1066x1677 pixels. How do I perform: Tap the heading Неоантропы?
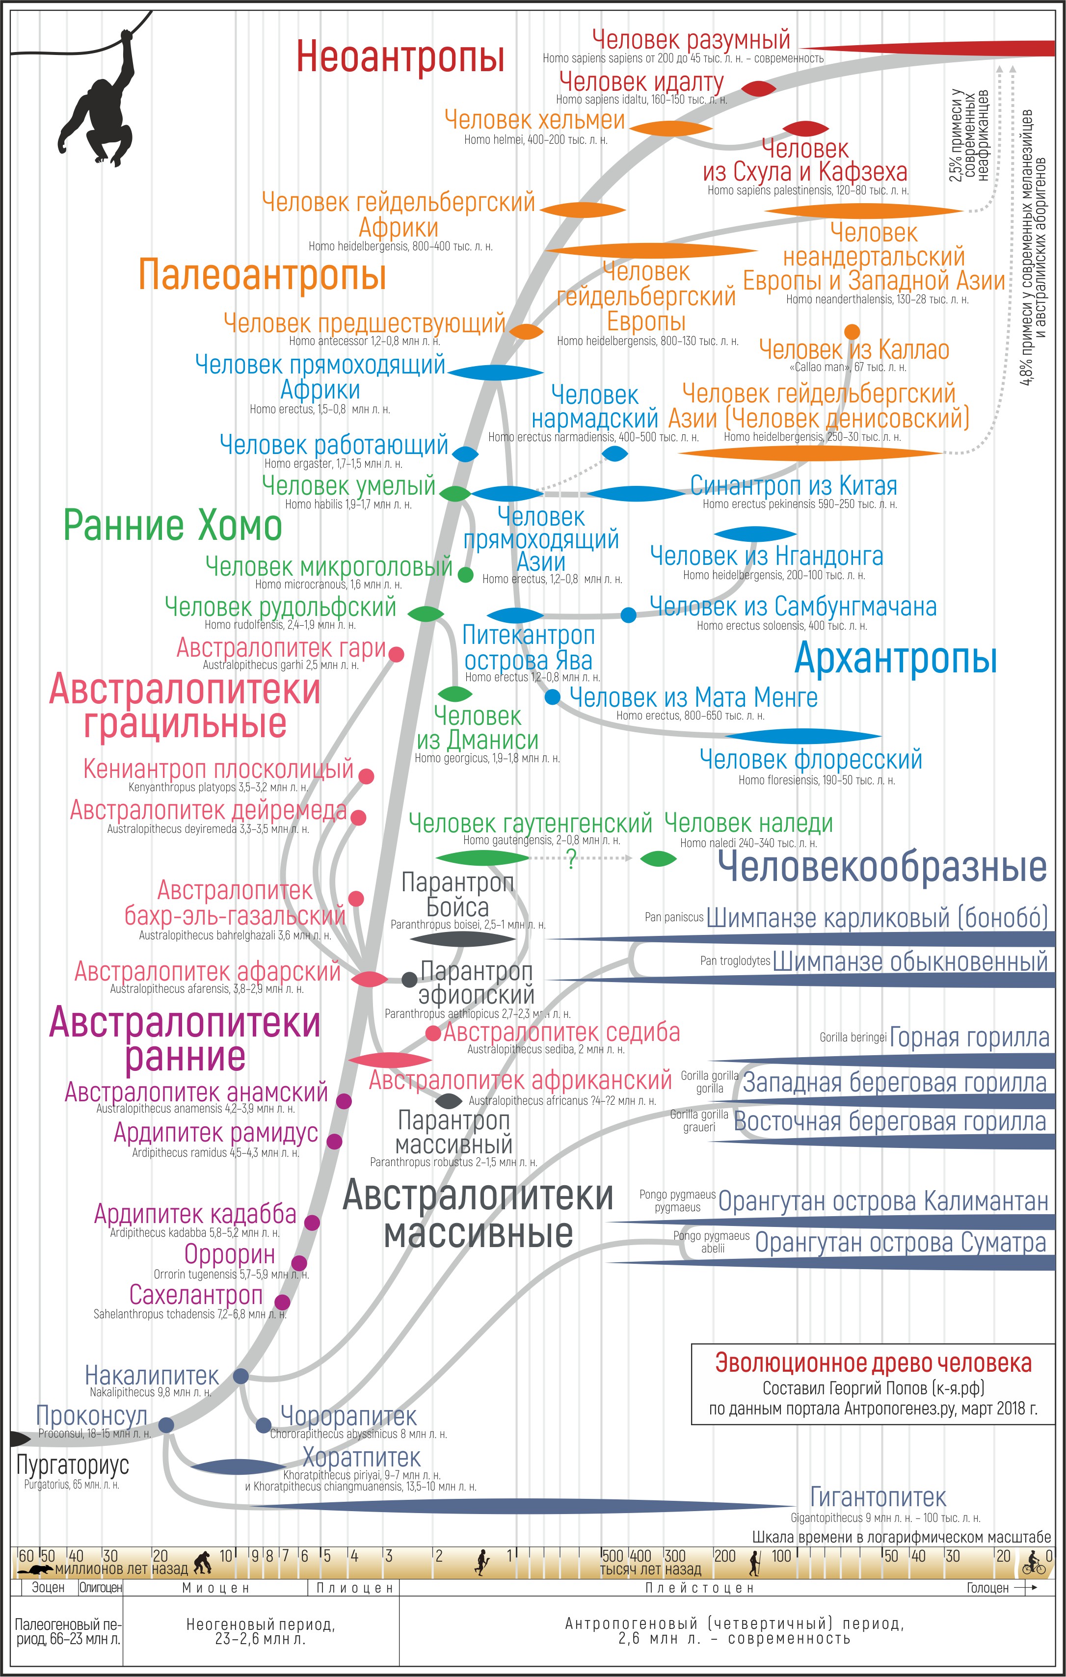400,56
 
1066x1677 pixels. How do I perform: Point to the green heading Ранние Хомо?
173,525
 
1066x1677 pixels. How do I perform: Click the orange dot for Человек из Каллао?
852,331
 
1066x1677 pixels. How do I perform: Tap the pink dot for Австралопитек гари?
396,654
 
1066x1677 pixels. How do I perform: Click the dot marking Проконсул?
166,1425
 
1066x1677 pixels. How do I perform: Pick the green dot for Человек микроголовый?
466,575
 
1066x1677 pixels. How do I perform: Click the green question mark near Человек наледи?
571,859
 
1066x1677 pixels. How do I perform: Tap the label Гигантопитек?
878,1496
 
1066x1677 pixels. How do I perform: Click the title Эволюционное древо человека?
873,1363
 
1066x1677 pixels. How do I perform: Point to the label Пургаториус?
73,1464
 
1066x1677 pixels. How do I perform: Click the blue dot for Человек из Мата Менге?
552,696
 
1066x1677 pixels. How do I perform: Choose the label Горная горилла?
969,1038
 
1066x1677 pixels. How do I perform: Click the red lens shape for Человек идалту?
758,88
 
